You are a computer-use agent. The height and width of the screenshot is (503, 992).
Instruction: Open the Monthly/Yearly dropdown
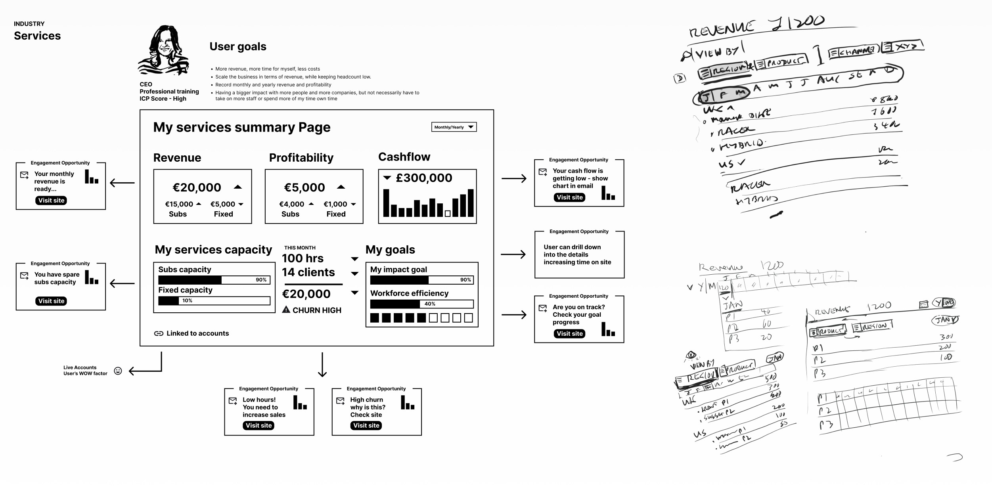pyautogui.click(x=454, y=127)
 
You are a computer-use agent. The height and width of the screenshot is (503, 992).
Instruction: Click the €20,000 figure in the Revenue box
pyautogui.click(x=197, y=187)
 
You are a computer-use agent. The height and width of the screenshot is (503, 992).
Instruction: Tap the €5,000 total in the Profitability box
pyautogui.click(x=304, y=187)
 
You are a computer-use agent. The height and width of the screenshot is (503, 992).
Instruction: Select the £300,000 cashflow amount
pyautogui.click(x=424, y=178)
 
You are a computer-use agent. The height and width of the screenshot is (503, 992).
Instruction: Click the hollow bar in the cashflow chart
pyautogui.click(x=448, y=214)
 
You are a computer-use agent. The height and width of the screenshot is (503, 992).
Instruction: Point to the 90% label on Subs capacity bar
pyautogui.click(x=261, y=280)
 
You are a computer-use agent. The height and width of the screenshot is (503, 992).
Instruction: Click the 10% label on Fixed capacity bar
pyautogui.click(x=187, y=301)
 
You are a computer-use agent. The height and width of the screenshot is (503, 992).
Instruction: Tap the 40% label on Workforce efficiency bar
pyautogui.click(x=430, y=304)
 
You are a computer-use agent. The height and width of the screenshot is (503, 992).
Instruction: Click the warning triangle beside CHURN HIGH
pyautogui.click(x=286, y=310)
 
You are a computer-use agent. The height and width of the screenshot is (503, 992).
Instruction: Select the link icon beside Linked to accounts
pyautogui.click(x=159, y=333)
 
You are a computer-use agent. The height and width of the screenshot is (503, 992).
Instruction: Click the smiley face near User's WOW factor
pyautogui.click(x=118, y=371)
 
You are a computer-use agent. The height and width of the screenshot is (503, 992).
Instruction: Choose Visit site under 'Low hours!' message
pyautogui.click(x=259, y=425)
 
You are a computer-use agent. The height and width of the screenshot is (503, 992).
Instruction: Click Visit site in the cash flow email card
pyautogui.click(x=569, y=197)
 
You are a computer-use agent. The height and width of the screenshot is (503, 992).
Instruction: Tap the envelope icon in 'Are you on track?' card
pyautogui.click(x=543, y=308)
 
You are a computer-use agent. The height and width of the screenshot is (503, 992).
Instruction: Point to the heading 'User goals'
pyautogui.click(x=238, y=47)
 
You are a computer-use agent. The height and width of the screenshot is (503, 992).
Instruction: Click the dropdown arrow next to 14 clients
pyautogui.click(x=355, y=273)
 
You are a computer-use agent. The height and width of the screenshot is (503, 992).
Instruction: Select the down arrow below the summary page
pyautogui.click(x=322, y=365)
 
